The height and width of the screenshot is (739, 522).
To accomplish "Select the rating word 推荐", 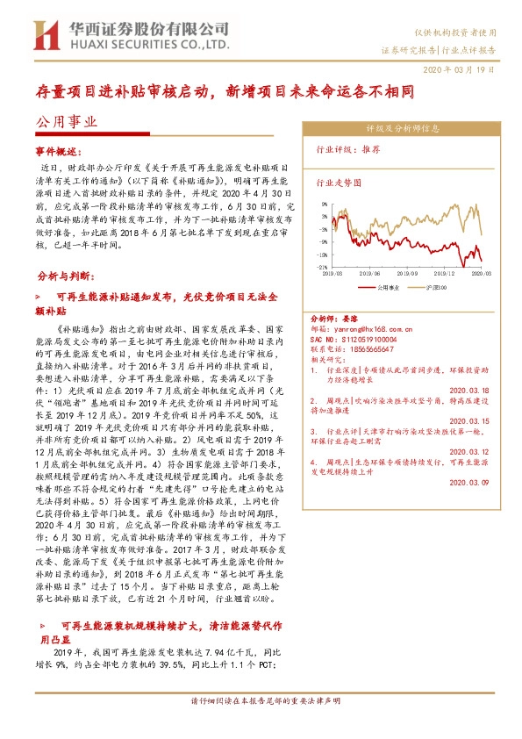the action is pyautogui.click(x=371, y=150).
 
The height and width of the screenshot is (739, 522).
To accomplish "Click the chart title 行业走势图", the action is pyautogui.click(x=338, y=184).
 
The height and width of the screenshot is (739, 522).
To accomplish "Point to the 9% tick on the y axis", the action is pyautogui.click(x=325, y=202).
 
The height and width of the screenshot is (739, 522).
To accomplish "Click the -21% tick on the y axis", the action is pyautogui.click(x=322, y=267).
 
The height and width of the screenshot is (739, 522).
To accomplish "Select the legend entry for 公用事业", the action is pyautogui.click(x=389, y=286).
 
